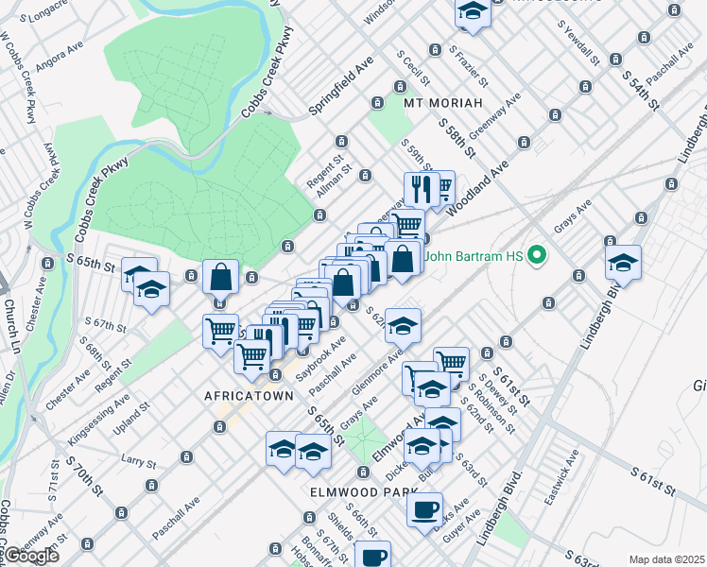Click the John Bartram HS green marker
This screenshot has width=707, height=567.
pos(537,255)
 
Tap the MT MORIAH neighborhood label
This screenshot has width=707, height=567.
pos(443,102)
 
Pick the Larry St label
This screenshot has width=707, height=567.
pos(138,461)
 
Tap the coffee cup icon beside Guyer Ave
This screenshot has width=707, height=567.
pos(423,510)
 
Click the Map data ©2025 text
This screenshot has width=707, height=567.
pos(666,559)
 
